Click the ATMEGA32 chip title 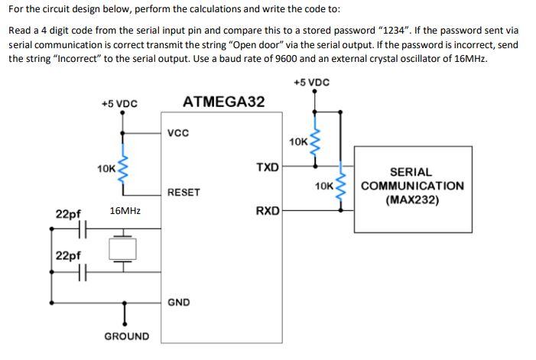[x=223, y=102]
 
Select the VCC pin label [x=178, y=133]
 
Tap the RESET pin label [x=184, y=193]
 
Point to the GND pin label [x=179, y=303]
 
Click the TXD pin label [x=267, y=167]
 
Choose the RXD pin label [x=267, y=209]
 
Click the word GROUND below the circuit [x=127, y=336]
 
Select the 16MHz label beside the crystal [x=125, y=209]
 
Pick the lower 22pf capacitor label [x=68, y=255]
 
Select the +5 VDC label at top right [x=311, y=82]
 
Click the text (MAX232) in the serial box [x=411, y=200]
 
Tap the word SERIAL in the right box [x=411, y=173]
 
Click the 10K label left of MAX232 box [x=324, y=186]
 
